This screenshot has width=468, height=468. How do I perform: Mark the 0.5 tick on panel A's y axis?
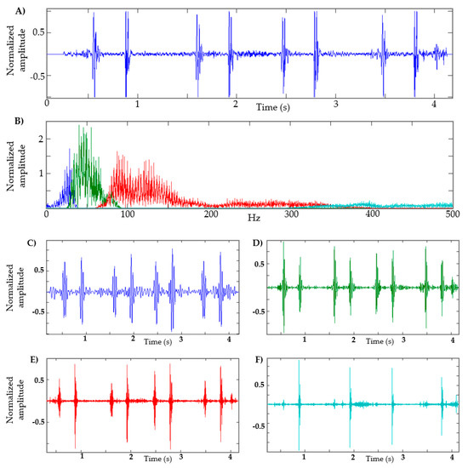37,31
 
